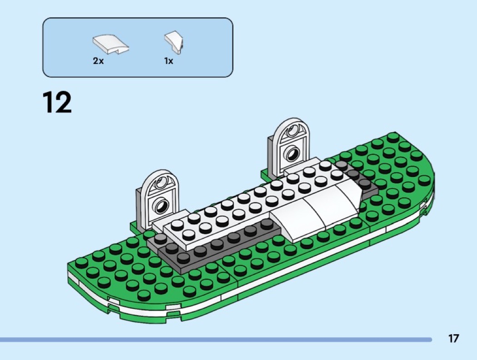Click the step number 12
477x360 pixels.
click(x=57, y=102)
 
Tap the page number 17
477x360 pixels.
click(x=453, y=338)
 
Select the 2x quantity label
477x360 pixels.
click(x=98, y=61)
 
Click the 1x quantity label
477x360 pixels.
click(x=169, y=61)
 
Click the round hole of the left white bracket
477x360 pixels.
click(x=161, y=207)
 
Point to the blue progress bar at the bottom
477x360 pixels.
click(x=216, y=339)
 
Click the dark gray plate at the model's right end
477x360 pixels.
click(x=359, y=179)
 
